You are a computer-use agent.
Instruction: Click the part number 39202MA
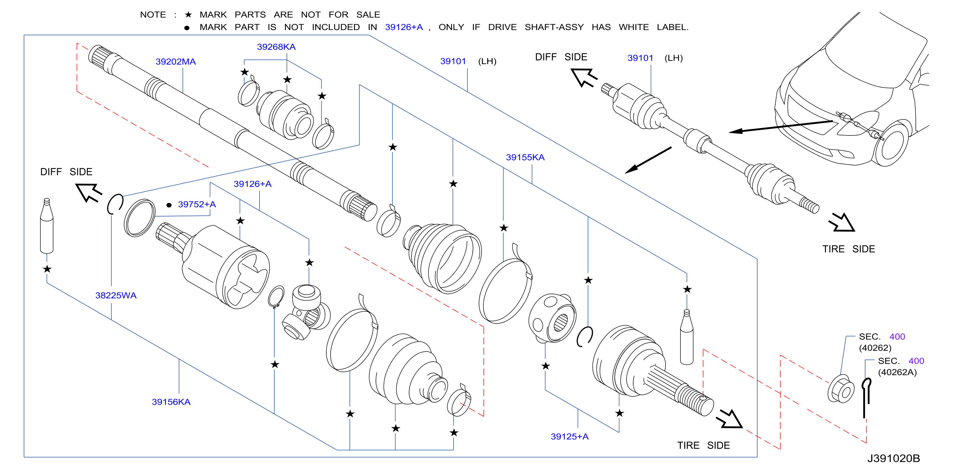tap(175, 62)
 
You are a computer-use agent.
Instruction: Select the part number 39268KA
tap(276, 47)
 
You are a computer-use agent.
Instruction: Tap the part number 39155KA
tap(525, 157)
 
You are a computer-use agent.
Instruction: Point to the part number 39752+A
tap(196, 204)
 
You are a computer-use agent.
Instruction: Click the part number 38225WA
tap(116, 295)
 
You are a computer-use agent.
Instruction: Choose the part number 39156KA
tap(171, 401)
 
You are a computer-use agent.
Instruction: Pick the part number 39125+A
tap(569, 436)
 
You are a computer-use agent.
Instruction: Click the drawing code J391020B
tap(894, 458)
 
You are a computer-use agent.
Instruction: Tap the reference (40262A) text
tap(897, 372)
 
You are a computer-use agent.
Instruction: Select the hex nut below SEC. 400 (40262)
tap(841, 389)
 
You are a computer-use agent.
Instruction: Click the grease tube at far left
tap(47, 226)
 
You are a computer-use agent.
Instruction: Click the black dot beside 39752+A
tap(169, 205)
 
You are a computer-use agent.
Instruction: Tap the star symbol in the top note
tap(188, 15)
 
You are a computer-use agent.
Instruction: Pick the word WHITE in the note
tap(634, 27)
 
